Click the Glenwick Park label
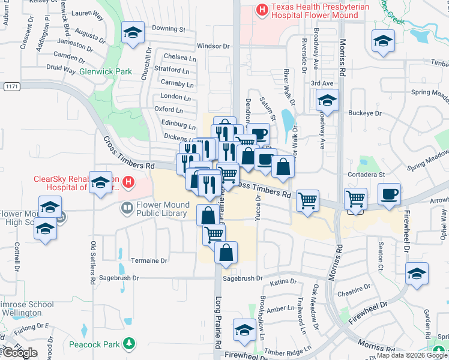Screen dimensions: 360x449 105,72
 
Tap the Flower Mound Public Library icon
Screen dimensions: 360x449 127,208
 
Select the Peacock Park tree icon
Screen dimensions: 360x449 128,344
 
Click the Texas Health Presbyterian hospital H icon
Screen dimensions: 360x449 262,9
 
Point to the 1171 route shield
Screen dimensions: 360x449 11,86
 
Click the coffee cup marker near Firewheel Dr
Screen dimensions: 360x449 390,194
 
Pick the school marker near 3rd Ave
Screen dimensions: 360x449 327,100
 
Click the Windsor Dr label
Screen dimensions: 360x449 213,46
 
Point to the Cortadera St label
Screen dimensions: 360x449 366,175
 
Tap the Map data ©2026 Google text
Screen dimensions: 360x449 412,355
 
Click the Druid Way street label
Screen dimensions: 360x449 61,70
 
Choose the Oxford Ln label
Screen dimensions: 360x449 169,110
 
